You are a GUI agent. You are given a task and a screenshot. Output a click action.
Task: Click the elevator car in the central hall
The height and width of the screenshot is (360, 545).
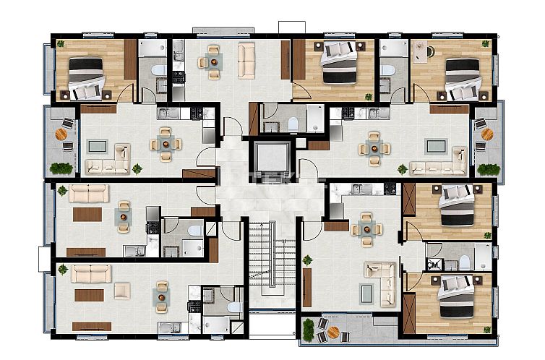click(271, 157)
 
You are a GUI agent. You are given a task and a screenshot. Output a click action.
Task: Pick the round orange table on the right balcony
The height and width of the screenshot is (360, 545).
click(486, 134)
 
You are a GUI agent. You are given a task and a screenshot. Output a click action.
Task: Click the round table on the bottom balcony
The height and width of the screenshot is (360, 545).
click(333, 333)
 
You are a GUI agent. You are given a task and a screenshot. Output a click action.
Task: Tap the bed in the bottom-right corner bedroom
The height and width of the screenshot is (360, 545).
click(456, 296)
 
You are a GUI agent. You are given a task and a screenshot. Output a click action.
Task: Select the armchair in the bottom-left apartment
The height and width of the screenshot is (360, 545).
click(121, 291)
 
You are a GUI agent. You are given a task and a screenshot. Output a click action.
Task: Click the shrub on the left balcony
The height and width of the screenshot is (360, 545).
click(61, 168)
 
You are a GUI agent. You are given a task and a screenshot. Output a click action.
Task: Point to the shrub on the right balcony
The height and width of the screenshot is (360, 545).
click(489, 168)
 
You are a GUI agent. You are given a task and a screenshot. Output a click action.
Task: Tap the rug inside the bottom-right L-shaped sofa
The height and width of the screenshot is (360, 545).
click(367, 291)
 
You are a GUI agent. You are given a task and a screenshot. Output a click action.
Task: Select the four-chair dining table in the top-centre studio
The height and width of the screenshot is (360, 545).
click(213, 61)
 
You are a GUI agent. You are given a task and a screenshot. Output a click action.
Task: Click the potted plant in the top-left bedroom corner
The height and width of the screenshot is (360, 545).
click(61, 43)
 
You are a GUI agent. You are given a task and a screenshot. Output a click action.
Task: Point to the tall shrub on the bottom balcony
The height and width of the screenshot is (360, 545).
click(309, 330)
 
